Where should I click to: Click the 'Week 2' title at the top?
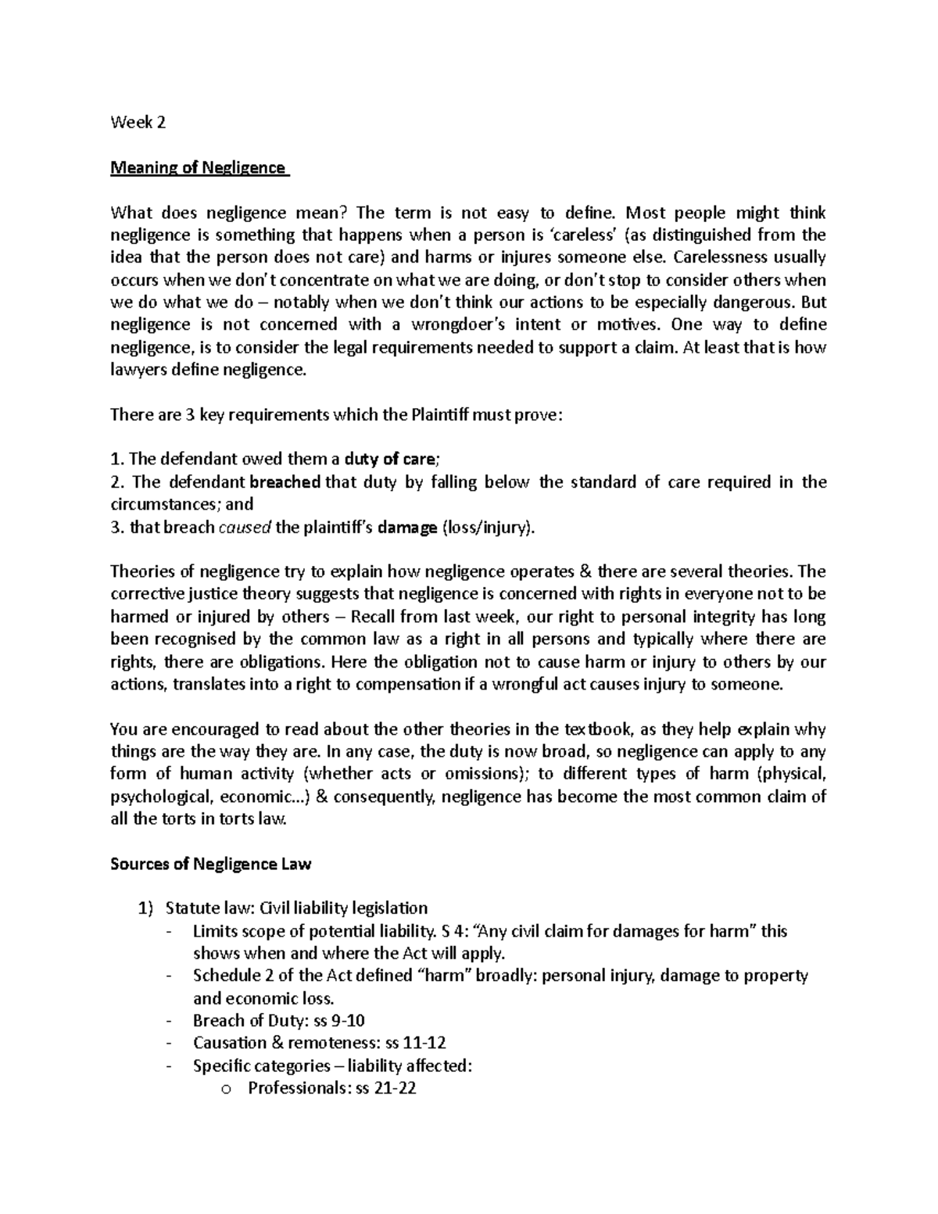click(138, 123)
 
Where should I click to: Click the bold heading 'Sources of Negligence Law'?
click(211, 864)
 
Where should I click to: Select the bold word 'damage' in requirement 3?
click(406, 528)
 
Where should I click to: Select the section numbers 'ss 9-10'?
click(339, 1020)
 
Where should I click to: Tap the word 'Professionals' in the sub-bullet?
click(294, 1087)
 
